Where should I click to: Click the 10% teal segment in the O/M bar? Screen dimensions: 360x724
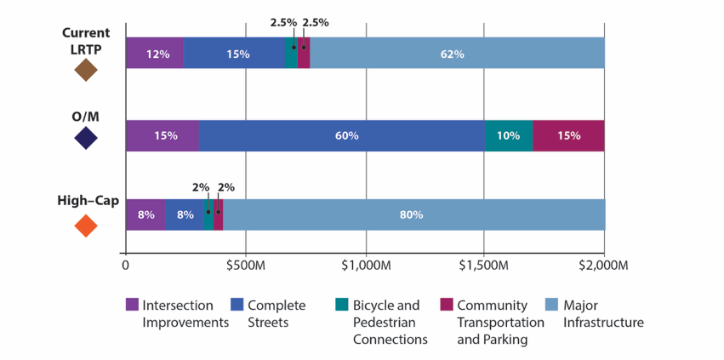point(509,135)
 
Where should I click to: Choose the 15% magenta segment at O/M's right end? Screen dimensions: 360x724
point(568,135)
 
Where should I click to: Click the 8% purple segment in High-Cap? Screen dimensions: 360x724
point(145,214)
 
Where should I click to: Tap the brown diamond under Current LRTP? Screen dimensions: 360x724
point(86,70)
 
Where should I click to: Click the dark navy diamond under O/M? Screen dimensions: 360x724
point(86,138)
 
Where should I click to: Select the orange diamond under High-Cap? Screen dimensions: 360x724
point(86,226)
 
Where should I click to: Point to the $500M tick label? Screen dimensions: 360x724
point(245,266)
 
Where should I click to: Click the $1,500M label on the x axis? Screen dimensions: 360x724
point(484,266)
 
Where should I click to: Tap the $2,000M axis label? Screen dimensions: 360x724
point(603,266)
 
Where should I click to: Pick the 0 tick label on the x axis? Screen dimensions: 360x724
point(126,266)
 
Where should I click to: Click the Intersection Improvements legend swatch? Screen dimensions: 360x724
point(132,305)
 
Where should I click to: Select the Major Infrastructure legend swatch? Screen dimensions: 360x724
point(551,305)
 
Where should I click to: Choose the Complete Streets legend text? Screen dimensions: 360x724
point(277,313)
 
